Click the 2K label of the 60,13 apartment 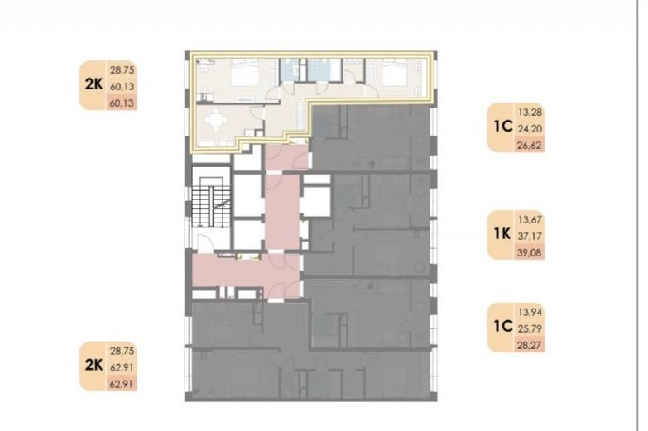tap(94, 84)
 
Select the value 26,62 tap(530, 145)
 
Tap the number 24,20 tap(530, 128)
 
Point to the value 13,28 tap(530, 112)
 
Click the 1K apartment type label tap(502, 234)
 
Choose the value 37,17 tap(530, 236)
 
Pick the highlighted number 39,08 tap(530, 252)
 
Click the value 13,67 tap(530, 219)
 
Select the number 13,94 tap(530, 312)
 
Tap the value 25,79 tap(530, 328)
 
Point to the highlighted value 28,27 tap(530, 345)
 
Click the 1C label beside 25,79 tap(503, 326)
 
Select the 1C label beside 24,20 tap(503, 126)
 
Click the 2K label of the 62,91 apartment tap(94, 365)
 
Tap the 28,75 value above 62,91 tap(122, 351)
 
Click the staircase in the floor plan tap(211, 202)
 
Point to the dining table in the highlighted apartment tap(215, 120)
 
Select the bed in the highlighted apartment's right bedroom tap(396, 73)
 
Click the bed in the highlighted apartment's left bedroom tap(244, 73)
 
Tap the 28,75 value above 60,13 tap(122, 69)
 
